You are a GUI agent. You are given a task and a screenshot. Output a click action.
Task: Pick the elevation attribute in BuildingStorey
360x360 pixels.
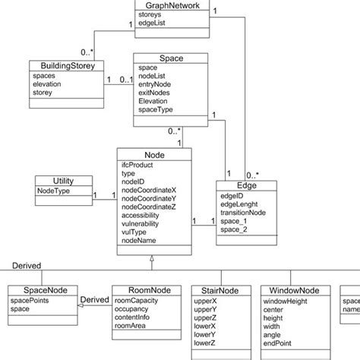click(x=49, y=86)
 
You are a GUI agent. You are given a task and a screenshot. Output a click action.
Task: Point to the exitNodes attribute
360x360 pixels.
click(x=154, y=93)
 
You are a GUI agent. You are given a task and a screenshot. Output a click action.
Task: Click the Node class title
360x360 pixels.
click(x=154, y=154)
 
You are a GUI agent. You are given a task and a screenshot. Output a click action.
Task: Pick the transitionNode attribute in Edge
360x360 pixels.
click(x=243, y=213)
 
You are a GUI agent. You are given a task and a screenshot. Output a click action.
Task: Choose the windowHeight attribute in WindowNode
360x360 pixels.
click(x=285, y=301)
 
